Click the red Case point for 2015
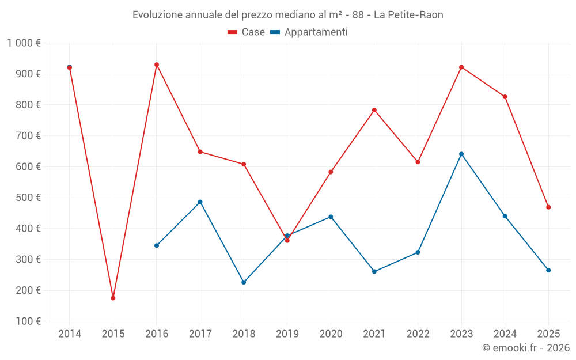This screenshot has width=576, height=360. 113,298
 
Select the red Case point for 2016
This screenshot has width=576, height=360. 157,65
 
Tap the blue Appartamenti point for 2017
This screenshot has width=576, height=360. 200,202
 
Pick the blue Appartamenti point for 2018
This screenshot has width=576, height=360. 244,282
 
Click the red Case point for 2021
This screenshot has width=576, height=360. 374,110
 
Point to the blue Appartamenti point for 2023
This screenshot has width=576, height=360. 461,154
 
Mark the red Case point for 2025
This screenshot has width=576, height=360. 548,207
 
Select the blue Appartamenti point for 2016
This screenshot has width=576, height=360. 157,245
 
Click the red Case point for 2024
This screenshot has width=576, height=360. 505,97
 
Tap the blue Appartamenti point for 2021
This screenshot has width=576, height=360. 374,271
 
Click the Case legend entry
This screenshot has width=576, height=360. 247,32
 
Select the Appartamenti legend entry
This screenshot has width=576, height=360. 309,32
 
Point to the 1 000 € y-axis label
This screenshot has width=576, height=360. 24,43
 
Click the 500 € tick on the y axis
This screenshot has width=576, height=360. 27,198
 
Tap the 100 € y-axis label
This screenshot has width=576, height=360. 27,321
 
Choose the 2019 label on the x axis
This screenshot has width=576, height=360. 287,334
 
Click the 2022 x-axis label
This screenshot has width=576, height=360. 418,334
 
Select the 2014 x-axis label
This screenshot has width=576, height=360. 70,334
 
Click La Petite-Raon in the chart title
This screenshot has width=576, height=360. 408,15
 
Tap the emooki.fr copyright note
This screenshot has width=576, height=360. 526,348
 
